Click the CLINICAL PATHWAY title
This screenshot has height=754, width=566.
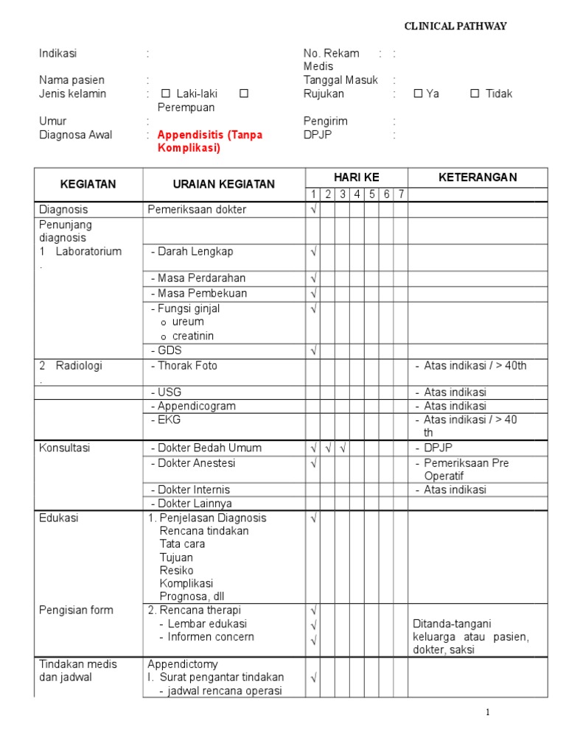click(455, 27)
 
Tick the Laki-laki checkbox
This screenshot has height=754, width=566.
click(165, 94)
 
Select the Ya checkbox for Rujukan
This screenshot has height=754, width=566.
click(418, 94)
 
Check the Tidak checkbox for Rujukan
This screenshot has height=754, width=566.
click(475, 94)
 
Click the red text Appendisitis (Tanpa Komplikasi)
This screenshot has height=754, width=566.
click(210, 141)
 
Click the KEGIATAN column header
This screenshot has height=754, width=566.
click(88, 184)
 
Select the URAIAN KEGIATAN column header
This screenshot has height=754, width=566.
click(223, 184)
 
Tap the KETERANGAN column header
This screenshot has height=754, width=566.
click(478, 177)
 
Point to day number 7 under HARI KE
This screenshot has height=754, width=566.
click(400, 194)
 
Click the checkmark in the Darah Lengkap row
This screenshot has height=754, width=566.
click(313, 252)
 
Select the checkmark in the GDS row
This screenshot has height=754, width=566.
click(313, 350)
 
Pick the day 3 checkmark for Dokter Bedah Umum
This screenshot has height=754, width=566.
click(343, 448)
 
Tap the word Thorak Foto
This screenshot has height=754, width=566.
click(187, 365)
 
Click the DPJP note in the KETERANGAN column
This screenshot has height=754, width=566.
click(441, 448)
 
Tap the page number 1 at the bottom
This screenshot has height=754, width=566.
click(487, 712)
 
